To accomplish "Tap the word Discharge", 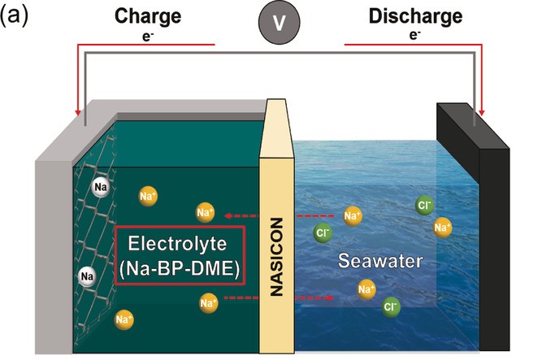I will pyautogui.click(x=414, y=15).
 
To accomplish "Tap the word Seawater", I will pyautogui.click(x=373, y=263).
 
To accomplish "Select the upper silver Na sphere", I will pyautogui.click(x=101, y=187).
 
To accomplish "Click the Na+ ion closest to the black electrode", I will pyautogui.click(x=443, y=228).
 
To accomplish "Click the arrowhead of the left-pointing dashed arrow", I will pyautogui.click(x=228, y=215).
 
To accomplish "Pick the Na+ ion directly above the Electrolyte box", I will pyautogui.click(x=205, y=213).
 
